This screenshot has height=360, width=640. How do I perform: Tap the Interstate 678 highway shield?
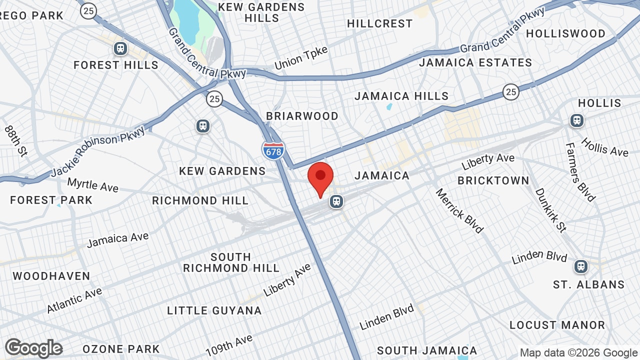(273, 150)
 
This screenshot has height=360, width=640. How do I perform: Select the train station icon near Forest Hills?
(120, 48)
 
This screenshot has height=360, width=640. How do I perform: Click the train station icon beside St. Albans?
(580, 266)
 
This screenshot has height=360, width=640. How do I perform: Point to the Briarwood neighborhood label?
(302, 116)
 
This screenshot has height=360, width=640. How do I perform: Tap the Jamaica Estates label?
(475, 62)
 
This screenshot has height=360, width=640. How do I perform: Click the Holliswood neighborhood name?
(565, 33)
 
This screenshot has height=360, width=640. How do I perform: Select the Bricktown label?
(493, 180)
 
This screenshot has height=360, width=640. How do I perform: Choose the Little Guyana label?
(214, 310)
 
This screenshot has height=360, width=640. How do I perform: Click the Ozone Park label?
(121, 349)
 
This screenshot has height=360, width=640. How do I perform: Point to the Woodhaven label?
(51, 276)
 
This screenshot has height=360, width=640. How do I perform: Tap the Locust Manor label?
(557, 325)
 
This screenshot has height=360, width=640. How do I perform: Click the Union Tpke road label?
(301, 58)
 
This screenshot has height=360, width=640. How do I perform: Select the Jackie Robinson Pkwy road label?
(98, 151)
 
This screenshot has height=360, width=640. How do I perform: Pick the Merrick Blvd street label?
(459, 210)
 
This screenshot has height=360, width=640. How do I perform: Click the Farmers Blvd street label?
(580, 172)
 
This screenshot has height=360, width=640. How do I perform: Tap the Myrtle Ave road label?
(92, 185)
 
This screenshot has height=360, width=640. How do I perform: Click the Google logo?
(34, 348)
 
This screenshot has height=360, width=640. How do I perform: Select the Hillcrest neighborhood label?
(380, 23)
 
